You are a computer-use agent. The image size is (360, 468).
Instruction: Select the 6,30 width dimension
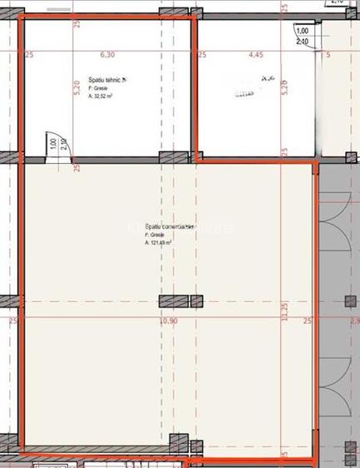click(x=107, y=56)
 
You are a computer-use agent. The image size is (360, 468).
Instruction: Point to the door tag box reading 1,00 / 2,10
click(x=301, y=36)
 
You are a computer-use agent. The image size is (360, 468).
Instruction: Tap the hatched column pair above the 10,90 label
click(x=174, y=301)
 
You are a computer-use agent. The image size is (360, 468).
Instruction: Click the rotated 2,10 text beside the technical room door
click(x=64, y=144)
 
